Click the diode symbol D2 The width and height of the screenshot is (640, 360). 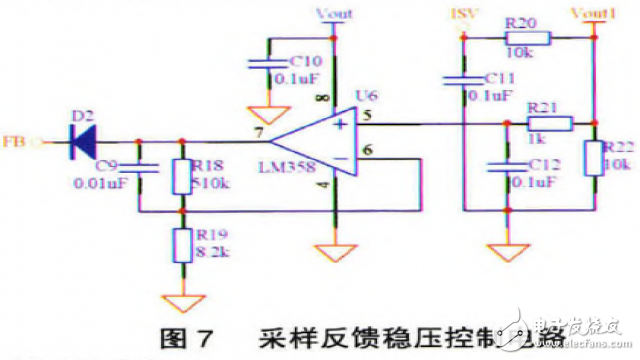point(81,141)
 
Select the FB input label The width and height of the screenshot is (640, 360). point(15,141)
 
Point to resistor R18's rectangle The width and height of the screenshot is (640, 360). point(181,175)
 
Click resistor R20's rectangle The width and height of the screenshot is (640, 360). point(524,39)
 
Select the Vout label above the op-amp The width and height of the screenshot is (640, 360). point(332,13)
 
